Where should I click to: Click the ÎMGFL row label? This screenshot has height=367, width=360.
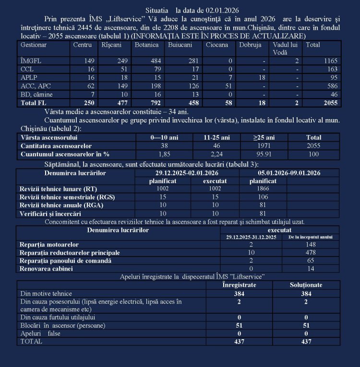pos(28,61)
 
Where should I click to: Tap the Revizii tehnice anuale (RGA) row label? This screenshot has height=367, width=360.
pos(60,205)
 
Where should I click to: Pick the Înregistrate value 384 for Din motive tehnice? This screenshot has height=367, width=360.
pos(239,294)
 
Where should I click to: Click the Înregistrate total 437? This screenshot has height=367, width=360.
pos(239,342)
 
